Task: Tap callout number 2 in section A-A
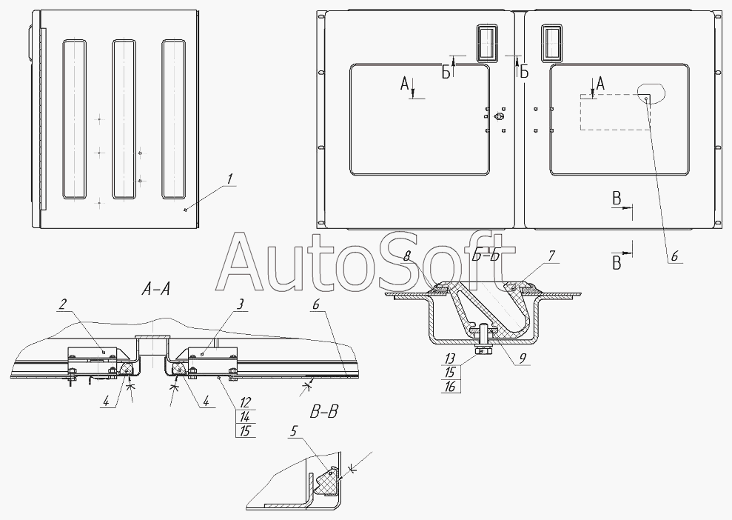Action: (63, 304)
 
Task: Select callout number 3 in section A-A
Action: (240, 304)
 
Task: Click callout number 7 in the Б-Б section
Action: (551, 256)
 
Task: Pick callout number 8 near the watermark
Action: (407, 256)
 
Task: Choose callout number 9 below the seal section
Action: (523, 358)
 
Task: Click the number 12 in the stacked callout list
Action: (246, 402)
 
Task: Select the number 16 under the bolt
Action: (451, 386)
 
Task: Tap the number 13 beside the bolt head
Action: (451, 359)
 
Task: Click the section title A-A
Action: (155, 290)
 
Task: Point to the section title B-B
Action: (323, 412)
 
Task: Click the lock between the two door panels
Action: (499, 116)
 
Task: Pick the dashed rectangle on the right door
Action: (615, 112)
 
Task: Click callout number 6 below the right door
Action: (674, 256)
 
